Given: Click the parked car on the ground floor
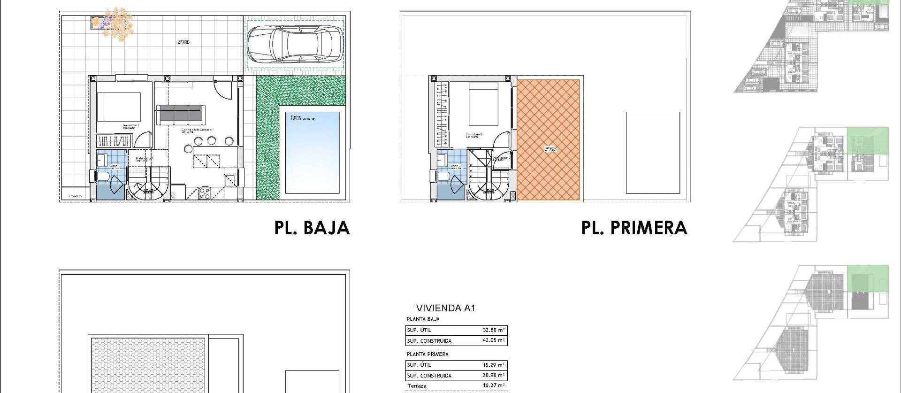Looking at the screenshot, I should (295, 44).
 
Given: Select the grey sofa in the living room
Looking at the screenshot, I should (181, 114).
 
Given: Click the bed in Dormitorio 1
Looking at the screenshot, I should (119, 107).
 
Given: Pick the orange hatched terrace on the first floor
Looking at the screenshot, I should (548, 140).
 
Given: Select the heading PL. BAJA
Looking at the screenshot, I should (312, 228).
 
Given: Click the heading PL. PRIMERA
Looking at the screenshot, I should (634, 228).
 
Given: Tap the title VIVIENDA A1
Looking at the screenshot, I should (445, 308).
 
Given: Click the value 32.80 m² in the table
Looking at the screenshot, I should (493, 330).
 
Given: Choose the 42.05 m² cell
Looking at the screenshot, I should (493, 341).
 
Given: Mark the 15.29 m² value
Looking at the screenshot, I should (493, 365).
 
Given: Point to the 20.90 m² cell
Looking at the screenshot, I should (493, 376).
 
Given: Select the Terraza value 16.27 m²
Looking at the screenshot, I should (493, 385).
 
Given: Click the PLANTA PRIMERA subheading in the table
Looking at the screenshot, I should (427, 354).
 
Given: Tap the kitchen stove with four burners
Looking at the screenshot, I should (205, 193).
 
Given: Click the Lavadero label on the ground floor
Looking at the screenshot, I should (76, 196).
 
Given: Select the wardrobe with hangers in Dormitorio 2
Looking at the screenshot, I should (442, 115).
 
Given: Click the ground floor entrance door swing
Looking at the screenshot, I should (222, 89).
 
